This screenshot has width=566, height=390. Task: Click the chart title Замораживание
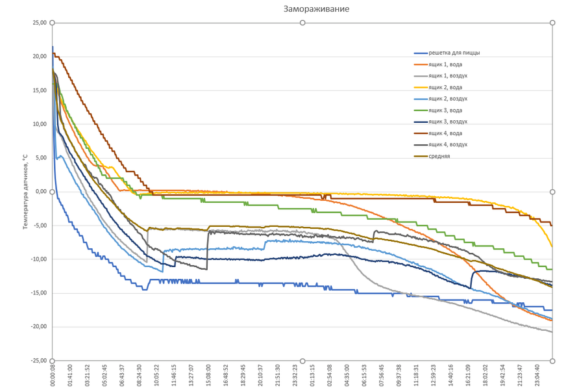pyautogui.click(x=316, y=9)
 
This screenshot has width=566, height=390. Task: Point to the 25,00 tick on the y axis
pyautogui.click(x=39, y=23)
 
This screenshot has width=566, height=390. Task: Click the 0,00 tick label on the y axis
pyautogui.click(x=40, y=192)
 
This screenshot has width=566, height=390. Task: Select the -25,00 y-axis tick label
pyautogui.click(x=38, y=361)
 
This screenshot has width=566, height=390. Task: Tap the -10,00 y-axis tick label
pyautogui.click(x=38, y=259)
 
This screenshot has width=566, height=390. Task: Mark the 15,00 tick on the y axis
pyautogui.click(x=39, y=90)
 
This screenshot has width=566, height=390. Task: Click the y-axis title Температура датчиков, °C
pyautogui.click(x=25, y=192)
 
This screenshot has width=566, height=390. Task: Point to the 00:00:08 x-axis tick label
pyautogui.click(x=53, y=375)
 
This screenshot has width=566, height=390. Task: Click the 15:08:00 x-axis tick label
pyautogui.click(x=208, y=375)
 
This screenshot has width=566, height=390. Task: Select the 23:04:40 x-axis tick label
pyautogui.click(x=536, y=375)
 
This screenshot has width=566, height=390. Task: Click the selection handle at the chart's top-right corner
pyautogui.click(x=552, y=23)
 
